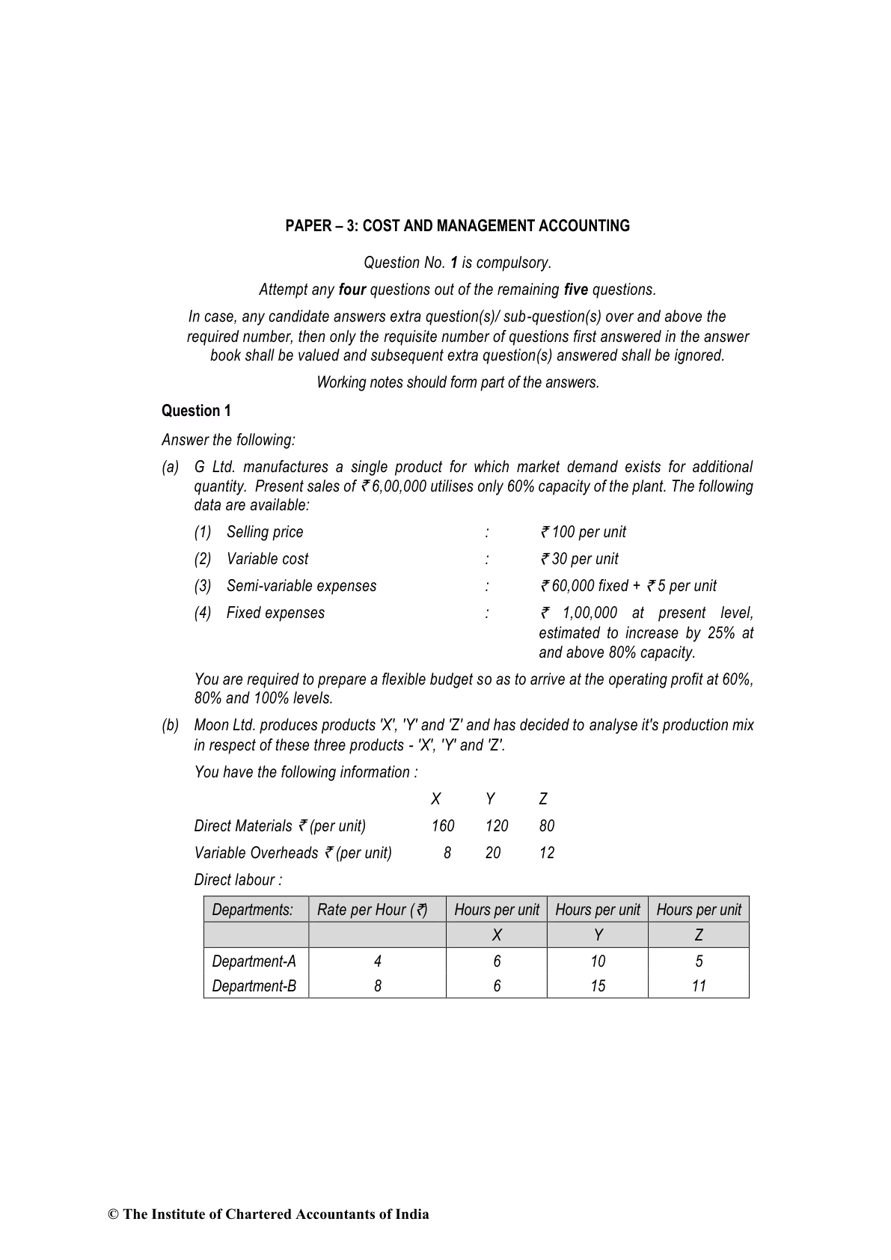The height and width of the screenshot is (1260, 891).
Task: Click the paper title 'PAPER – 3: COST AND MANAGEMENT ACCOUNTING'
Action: pyautogui.click(x=457, y=226)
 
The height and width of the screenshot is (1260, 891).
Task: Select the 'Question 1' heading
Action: pyautogui.click(x=196, y=411)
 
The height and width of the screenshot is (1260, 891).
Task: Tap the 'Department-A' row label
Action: pyautogui.click(x=254, y=961)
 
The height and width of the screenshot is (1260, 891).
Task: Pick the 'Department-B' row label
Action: pyautogui.click(x=254, y=986)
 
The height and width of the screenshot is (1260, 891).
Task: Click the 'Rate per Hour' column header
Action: pyautogui.click(x=372, y=910)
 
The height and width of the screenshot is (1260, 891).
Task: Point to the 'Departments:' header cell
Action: pyautogui.click(x=252, y=910)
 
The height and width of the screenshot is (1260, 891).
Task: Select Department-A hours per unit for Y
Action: pyautogui.click(x=598, y=961)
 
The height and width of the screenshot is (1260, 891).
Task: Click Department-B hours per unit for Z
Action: pyautogui.click(x=699, y=986)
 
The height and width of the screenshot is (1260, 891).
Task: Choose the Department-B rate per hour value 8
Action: pyautogui.click(x=378, y=986)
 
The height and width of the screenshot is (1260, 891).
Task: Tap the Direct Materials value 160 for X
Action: pyautogui.click(x=443, y=826)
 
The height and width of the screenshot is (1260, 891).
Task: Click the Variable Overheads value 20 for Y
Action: pyautogui.click(x=493, y=853)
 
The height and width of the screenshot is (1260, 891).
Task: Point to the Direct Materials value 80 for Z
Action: pyautogui.click(x=547, y=826)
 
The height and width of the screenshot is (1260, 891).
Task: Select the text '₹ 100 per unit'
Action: pyautogui.click(x=583, y=532)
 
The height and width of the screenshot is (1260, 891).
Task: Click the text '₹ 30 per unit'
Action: pyautogui.click(x=579, y=559)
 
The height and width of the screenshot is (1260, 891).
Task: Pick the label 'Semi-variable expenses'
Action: pyautogui.click(x=301, y=586)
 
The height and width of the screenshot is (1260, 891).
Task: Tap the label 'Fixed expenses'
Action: pyautogui.click(x=275, y=613)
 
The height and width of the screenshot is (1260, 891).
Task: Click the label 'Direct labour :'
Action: pyautogui.click(x=239, y=880)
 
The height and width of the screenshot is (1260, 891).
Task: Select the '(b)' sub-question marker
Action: pyautogui.click(x=171, y=725)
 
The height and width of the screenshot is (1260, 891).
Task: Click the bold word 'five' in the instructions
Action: pyautogui.click(x=576, y=290)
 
